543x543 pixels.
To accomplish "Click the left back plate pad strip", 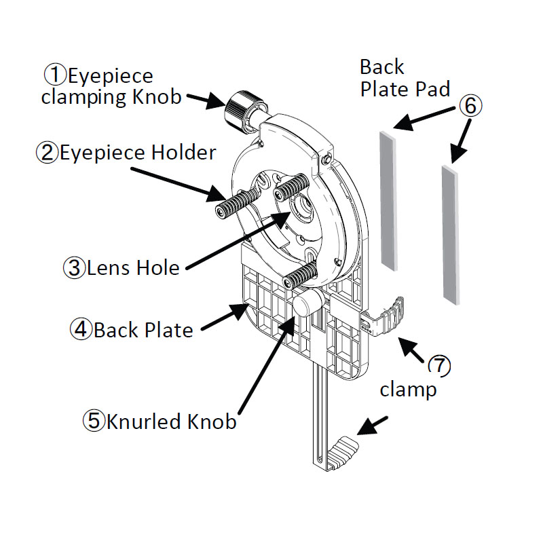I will pos(388,200).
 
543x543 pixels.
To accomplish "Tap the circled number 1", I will pos(53,75).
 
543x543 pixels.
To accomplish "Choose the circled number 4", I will pos(81,330).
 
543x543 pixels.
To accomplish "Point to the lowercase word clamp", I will pos(407,390).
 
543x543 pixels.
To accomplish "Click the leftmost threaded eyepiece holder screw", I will pos(238,201).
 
